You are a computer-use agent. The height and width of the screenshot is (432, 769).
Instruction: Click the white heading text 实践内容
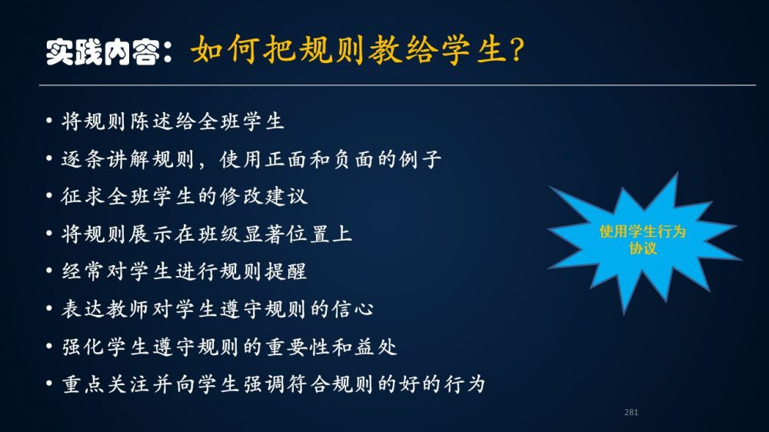103,52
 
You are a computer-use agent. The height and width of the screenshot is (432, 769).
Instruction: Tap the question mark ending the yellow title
517,49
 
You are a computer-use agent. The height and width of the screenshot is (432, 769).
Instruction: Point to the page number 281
631,412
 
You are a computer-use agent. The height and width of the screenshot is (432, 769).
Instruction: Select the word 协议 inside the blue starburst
642,248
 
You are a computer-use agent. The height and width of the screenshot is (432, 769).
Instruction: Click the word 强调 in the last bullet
264,384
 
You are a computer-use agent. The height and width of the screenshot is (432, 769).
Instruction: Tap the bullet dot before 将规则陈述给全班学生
49,120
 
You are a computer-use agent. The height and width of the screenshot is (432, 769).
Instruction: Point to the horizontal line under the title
398,85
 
